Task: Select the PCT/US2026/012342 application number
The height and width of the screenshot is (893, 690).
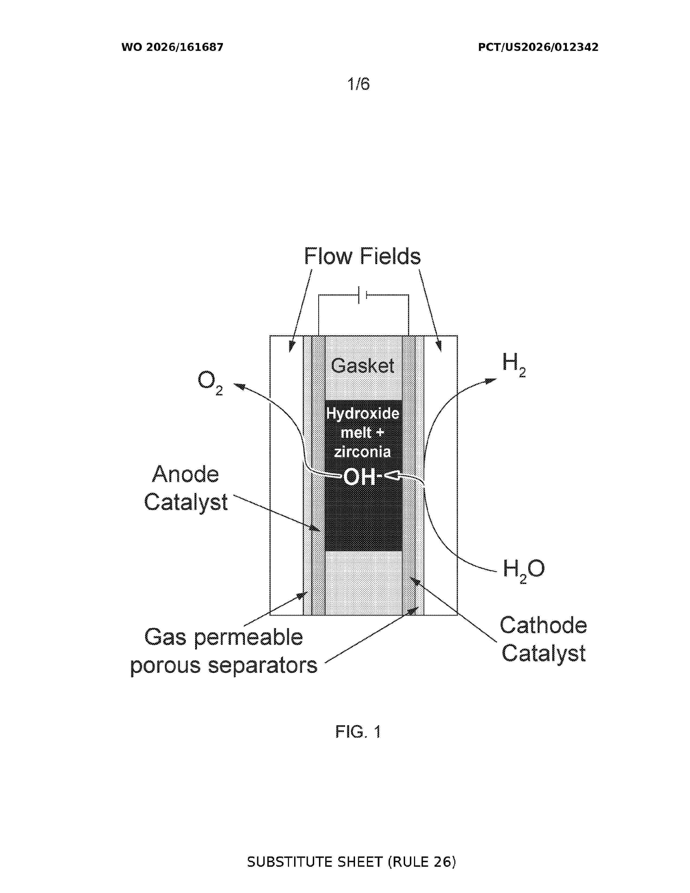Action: (538, 47)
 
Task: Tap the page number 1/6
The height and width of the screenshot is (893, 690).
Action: (359, 84)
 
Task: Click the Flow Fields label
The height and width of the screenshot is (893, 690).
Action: (362, 256)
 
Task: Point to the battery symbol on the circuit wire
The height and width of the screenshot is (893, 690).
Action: (363, 295)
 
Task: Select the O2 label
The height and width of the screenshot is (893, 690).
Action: (210, 383)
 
